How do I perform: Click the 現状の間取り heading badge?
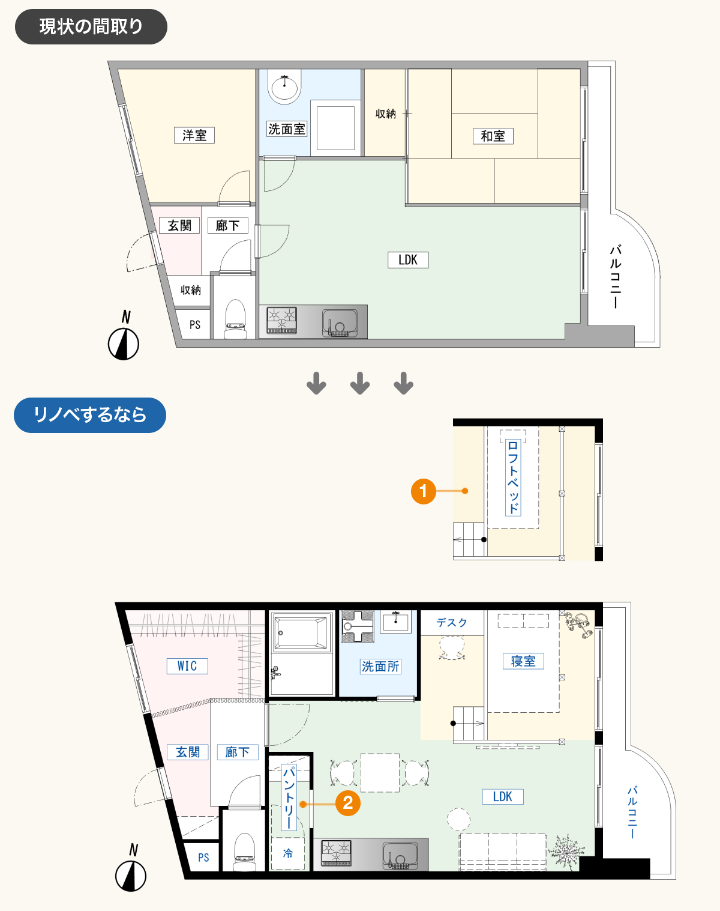[91, 26]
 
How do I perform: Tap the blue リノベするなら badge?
[90, 415]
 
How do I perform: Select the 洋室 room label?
[194, 136]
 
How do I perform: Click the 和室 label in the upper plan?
[493, 136]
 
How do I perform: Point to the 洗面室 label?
[287, 129]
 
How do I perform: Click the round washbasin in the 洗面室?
[285, 88]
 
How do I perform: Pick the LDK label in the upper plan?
[408, 260]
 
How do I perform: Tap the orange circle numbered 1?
[424, 491]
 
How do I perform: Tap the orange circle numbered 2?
[348, 803]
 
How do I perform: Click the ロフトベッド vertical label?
[513, 477]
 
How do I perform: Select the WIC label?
[187, 667]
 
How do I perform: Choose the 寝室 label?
[523, 661]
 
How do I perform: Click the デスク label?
[452, 623]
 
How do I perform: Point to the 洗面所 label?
[380, 667]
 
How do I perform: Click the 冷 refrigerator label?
[287, 853]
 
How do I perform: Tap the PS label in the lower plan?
[203, 858]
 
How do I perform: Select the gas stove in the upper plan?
[282, 320]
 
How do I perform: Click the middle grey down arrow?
[360, 383]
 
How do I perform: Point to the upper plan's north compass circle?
[124, 344]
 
